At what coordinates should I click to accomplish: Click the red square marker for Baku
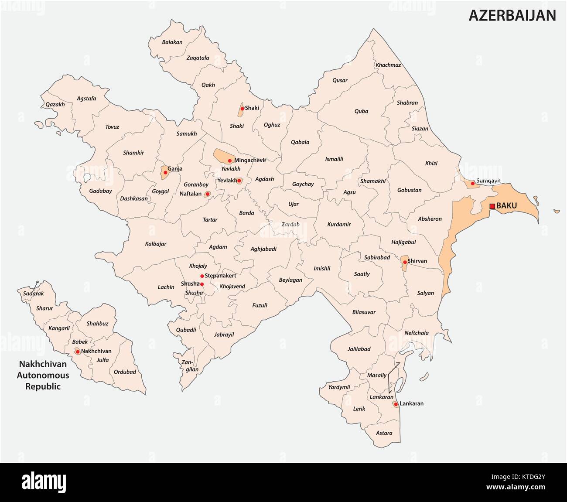492,206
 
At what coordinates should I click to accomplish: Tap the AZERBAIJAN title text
512,15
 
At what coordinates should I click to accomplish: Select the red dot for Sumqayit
472,183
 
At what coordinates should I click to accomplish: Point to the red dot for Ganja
165,172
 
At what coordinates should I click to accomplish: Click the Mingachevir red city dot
230,161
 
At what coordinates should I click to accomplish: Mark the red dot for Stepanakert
202,276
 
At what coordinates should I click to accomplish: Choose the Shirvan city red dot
405,262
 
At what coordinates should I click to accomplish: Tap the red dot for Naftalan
207,194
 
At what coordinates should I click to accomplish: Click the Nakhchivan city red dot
78,351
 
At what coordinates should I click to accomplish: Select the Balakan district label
172,42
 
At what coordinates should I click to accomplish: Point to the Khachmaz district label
388,65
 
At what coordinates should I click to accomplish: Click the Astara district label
384,433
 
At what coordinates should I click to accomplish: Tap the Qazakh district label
55,104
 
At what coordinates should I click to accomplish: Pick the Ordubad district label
125,372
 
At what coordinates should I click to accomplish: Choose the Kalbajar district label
156,244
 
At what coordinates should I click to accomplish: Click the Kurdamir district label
339,224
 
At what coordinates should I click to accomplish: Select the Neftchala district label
417,333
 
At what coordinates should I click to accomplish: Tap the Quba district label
361,111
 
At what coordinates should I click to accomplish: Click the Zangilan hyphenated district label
190,366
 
